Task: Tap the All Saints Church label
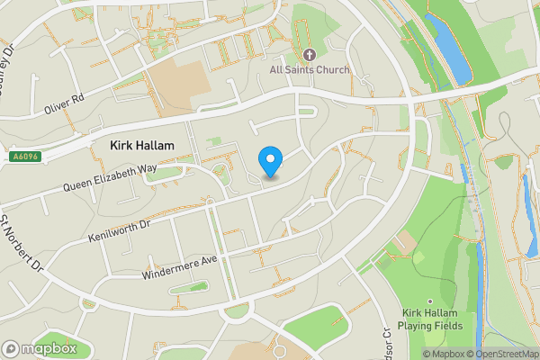(x=309, y=68)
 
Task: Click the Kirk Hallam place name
(x=141, y=145)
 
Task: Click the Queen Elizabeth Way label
(x=110, y=178)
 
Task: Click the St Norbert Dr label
(x=22, y=244)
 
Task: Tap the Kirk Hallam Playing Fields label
(x=432, y=318)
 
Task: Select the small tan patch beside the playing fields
(x=407, y=241)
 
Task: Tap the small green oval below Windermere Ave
(x=187, y=288)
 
